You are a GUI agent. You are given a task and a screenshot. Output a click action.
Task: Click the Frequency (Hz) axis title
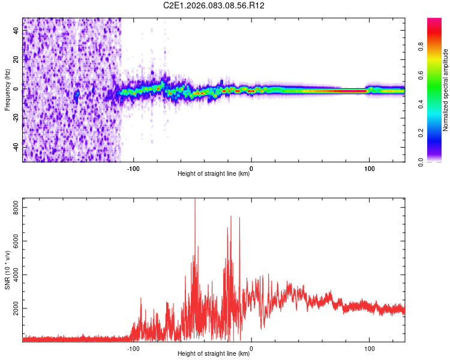point(7,90)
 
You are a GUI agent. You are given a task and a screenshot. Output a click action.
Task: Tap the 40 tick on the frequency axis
point(17,31)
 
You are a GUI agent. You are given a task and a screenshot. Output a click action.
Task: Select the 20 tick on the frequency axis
point(17,60)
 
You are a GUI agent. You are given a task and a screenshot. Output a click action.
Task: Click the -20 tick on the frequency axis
point(17,118)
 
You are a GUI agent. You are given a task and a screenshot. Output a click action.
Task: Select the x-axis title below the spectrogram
point(214,174)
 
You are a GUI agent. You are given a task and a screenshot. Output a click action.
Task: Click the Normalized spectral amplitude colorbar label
point(446,90)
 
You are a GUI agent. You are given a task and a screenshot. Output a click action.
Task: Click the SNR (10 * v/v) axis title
point(7,270)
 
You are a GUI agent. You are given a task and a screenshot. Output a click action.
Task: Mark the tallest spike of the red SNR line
point(194,200)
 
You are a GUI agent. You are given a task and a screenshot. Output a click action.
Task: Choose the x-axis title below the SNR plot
point(214,354)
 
